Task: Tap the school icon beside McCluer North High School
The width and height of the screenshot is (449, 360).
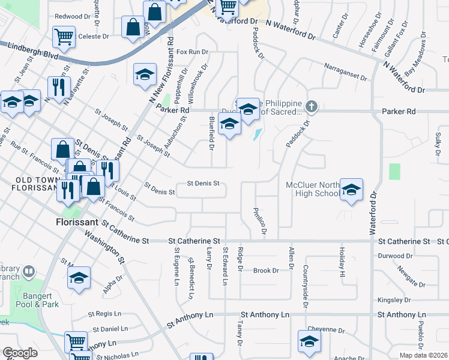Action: click(351, 190)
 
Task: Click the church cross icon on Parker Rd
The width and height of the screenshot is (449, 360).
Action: click(311, 107)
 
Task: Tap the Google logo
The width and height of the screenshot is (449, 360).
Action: click(20, 353)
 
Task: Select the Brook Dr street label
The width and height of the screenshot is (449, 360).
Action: click(267, 271)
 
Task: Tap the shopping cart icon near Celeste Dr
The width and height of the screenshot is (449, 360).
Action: click(64, 37)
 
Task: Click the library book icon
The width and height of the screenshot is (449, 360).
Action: click(28, 274)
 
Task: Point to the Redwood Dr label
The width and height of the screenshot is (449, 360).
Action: click(72, 16)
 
